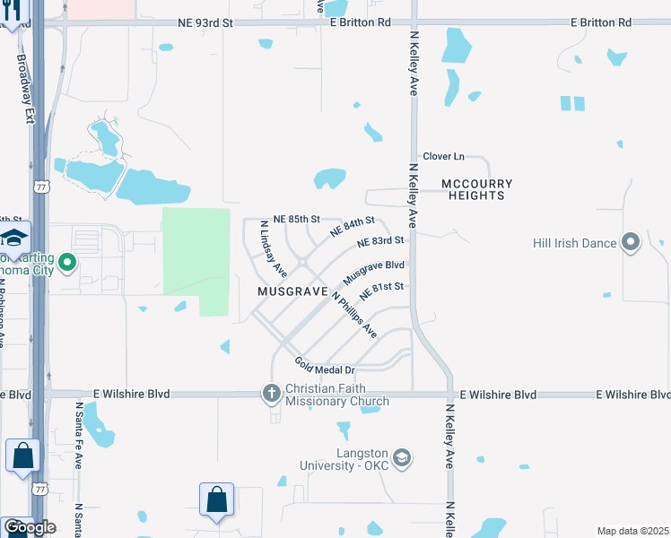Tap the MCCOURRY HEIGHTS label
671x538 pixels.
(x=477, y=189)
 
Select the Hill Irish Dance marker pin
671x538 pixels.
(x=632, y=242)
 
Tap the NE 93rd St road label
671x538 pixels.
(x=205, y=22)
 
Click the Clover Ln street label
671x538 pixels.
(x=443, y=156)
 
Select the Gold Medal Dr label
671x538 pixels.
(x=325, y=366)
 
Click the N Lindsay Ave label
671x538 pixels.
(x=273, y=248)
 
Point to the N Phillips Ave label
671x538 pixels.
(x=354, y=315)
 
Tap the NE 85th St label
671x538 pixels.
(x=297, y=219)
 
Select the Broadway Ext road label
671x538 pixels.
(x=26, y=89)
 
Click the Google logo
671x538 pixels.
(x=29, y=526)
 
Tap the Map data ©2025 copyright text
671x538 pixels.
(x=632, y=531)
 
